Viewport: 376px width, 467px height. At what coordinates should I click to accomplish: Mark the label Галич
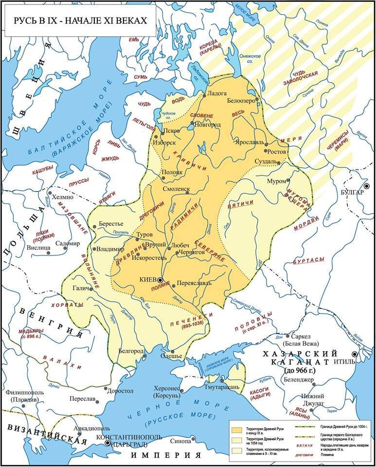83,288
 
